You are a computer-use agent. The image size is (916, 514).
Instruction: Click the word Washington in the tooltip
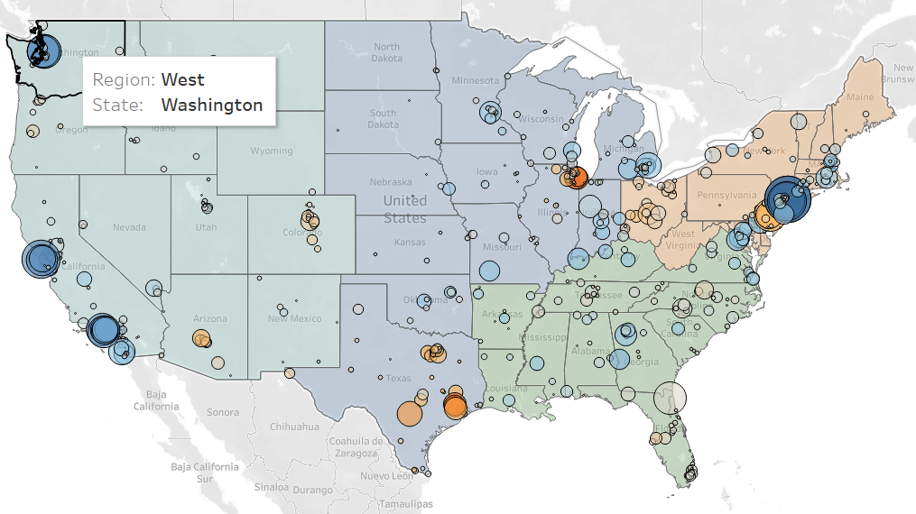tap(212, 105)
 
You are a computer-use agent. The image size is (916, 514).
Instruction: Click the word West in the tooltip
tap(182, 79)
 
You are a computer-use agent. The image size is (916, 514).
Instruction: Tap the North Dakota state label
tap(386, 52)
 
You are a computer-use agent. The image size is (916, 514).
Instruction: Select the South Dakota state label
tap(383, 118)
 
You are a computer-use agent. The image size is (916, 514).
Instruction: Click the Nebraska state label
tap(391, 181)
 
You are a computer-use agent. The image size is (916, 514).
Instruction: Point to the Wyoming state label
tap(271, 151)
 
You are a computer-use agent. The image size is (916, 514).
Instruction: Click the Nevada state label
tap(129, 227)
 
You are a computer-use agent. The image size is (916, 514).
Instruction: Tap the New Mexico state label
tap(294, 318)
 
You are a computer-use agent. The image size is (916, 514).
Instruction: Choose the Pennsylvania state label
tap(726, 194)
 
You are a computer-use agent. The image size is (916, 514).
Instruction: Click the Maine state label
tap(860, 96)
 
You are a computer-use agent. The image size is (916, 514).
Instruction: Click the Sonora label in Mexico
tap(223, 412)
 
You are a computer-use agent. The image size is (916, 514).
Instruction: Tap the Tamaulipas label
tap(406, 503)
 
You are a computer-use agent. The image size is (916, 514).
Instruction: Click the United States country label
tap(404, 208)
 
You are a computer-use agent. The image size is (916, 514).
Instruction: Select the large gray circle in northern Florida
tap(669, 397)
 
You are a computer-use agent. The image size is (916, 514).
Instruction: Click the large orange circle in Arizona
tap(200, 339)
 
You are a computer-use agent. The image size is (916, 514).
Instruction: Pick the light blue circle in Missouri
tap(488, 269)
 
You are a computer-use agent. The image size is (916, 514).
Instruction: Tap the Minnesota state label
tap(475, 80)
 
